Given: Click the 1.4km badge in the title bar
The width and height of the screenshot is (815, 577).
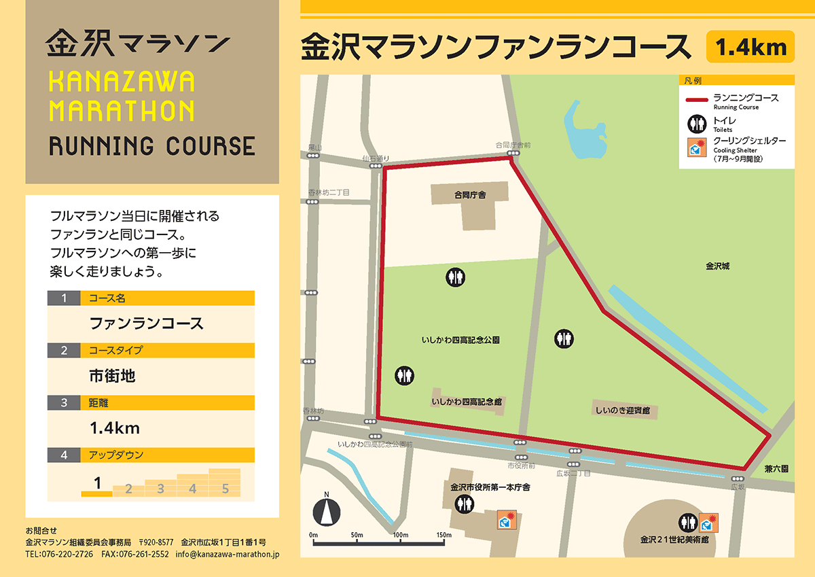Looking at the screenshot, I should tap(750, 48).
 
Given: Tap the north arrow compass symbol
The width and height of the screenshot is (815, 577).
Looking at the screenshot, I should tap(326, 510).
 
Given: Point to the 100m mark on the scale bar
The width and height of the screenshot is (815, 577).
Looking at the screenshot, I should tap(400, 535).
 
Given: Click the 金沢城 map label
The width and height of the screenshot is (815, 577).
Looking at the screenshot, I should tap(717, 266).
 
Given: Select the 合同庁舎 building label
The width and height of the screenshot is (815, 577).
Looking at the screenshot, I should tap(471, 195).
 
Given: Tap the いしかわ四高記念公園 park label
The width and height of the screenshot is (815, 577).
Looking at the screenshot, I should tap(465, 339).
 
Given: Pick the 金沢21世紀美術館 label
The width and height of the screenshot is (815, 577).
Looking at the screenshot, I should tap(674, 540).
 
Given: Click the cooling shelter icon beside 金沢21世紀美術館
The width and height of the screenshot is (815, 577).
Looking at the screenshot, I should tap(709, 522).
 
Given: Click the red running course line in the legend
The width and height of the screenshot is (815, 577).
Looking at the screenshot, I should tap(698, 101).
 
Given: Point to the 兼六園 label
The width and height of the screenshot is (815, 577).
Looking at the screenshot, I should tap(776, 469).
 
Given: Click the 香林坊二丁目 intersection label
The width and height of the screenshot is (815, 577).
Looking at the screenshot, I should tap(329, 193).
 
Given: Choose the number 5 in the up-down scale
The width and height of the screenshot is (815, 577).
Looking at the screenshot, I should tap(225, 488).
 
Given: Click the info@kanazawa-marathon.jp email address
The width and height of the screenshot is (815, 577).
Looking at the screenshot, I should tap(227, 554).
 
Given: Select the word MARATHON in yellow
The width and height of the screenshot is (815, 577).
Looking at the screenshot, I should tap(122, 110).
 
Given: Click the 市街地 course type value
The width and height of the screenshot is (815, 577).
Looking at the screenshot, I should tap(113, 375).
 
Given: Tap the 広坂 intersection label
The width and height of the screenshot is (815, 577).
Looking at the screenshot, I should tap(738, 487).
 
